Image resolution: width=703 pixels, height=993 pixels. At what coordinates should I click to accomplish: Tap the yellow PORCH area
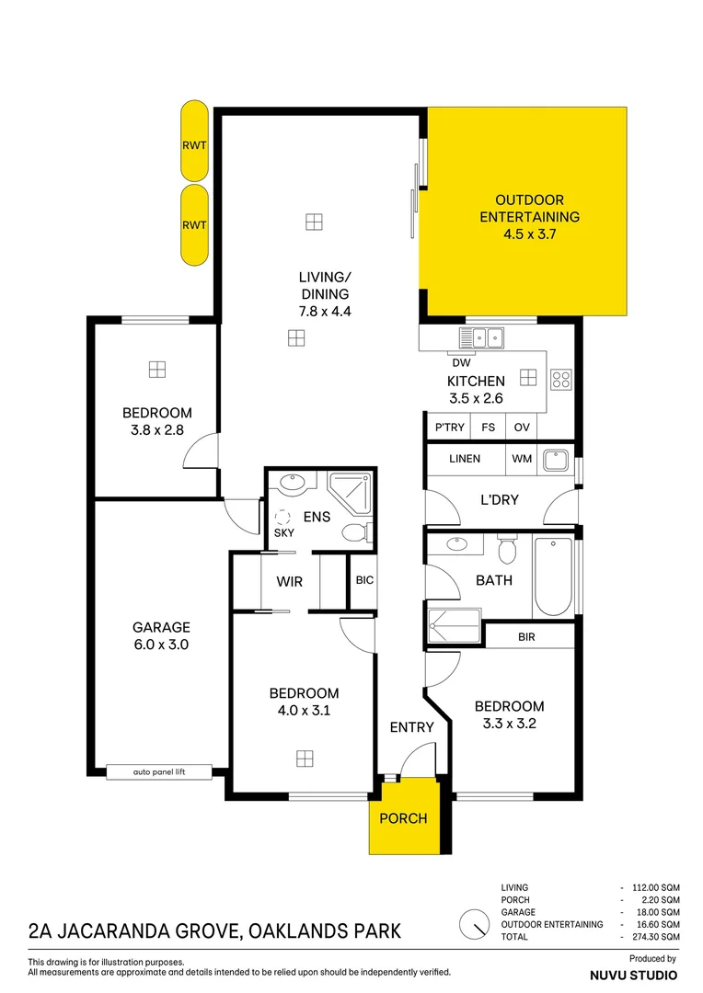(x=403, y=816)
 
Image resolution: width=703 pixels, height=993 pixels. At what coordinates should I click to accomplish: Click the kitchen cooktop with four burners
(x=560, y=378)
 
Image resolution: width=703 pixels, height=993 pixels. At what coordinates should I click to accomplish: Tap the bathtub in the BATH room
(x=553, y=576)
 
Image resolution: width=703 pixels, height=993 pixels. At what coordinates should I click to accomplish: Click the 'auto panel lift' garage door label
(x=159, y=772)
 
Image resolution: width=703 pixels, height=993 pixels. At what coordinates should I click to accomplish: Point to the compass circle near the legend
(x=475, y=923)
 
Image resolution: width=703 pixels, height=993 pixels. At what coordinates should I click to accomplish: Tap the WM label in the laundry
(x=521, y=458)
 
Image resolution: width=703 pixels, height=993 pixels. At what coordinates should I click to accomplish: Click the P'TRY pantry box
(x=449, y=427)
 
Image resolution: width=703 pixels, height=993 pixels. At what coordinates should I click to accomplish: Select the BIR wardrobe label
(x=526, y=636)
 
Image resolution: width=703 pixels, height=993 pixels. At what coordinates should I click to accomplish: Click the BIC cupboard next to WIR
(x=364, y=580)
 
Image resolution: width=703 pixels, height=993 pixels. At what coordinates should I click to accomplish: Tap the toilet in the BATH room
(x=505, y=550)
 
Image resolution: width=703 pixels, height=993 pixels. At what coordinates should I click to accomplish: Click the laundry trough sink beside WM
(x=556, y=459)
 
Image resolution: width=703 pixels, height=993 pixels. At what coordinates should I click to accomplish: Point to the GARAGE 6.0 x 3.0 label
(x=160, y=636)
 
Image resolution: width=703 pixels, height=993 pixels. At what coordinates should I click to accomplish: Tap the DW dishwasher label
(x=462, y=362)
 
